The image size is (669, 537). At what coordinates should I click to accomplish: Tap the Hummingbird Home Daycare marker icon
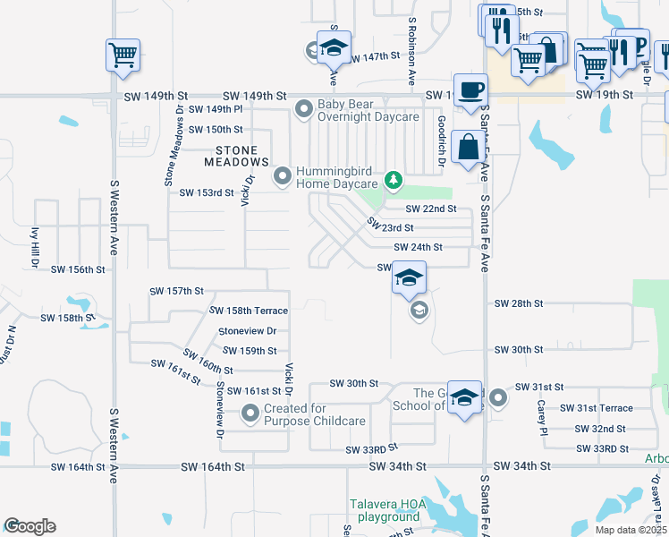pyautogui.click(x=284, y=175)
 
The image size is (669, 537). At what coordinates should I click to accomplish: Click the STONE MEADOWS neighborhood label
pyautogui.click(x=236, y=157)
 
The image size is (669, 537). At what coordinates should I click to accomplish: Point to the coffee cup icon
pyautogui.click(x=470, y=89)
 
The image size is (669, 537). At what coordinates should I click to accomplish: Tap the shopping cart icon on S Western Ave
pyautogui.click(x=123, y=54)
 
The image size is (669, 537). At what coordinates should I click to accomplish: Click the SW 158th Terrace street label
pyautogui.click(x=249, y=311)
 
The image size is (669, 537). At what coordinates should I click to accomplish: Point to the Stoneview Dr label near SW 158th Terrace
pyautogui.click(x=247, y=330)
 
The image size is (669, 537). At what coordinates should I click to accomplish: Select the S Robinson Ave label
pyautogui.click(x=412, y=50)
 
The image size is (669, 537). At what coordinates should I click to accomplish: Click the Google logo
pyautogui.click(x=30, y=526)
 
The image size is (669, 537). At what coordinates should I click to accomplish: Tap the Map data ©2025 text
pyautogui.click(x=631, y=530)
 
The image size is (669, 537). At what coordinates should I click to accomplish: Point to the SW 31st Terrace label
pyautogui.click(x=596, y=408)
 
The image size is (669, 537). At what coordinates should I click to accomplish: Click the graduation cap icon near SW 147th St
pyautogui.click(x=334, y=47)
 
